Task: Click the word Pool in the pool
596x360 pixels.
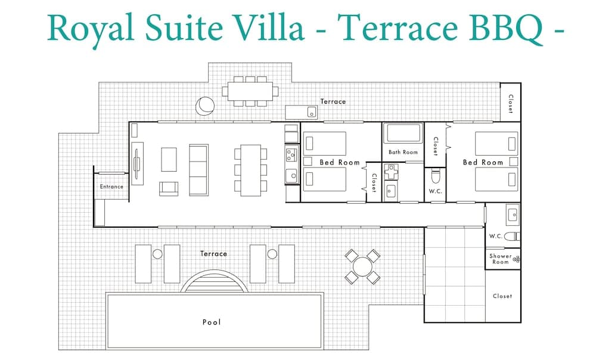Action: [212, 322]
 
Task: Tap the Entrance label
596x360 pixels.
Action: [111, 187]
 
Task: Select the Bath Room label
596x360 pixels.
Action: [403, 152]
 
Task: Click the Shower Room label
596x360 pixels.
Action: [501, 259]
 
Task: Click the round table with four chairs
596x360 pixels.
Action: [362, 266]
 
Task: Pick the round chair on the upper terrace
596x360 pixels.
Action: [205, 105]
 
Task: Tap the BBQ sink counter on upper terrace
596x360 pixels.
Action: [302, 112]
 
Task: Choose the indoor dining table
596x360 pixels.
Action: [250, 170]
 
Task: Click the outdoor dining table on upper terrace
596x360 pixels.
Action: [250, 91]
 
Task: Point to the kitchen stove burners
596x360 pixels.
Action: [291, 155]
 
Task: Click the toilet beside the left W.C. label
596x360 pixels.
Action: [435, 176]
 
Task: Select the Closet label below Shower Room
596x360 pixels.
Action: [502, 296]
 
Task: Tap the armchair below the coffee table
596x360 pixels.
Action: [169, 188]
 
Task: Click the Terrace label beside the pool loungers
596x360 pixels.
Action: [213, 253]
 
